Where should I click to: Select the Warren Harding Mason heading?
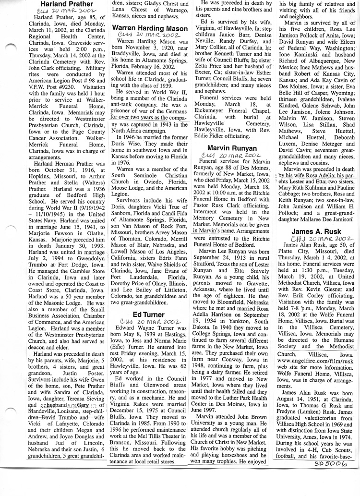[150, 29]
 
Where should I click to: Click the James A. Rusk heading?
[315, 232]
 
